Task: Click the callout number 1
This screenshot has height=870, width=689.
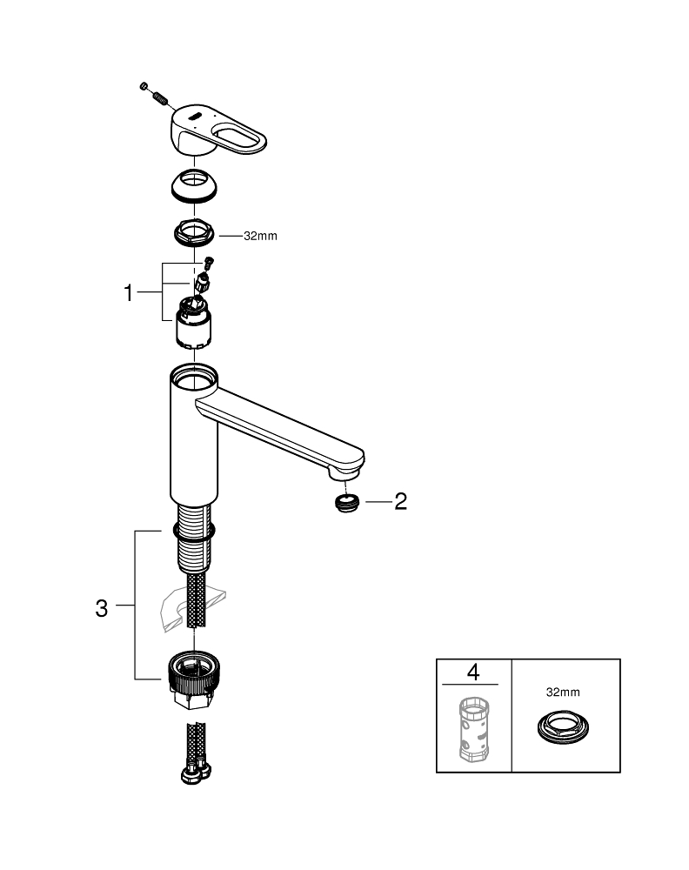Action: click(129, 293)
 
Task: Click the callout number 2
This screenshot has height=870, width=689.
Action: click(399, 501)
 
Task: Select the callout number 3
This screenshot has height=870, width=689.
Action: click(102, 608)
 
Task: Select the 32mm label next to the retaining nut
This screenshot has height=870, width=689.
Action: click(260, 236)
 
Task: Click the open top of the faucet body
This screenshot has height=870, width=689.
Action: click(195, 378)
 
